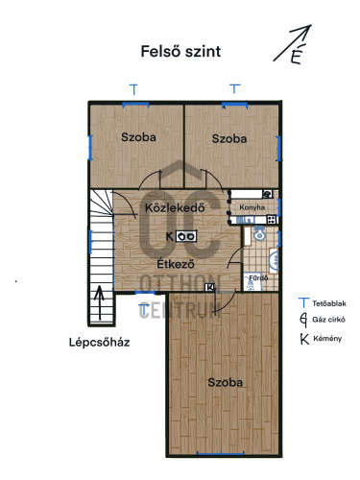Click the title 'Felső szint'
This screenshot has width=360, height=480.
pyautogui.click(x=180, y=52)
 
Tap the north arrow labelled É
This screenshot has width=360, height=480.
pyautogui.click(x=292, y=43)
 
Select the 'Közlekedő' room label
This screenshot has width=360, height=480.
pyautogui.click(x=175, y=208)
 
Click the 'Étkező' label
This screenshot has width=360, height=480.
pyautogui.click(x=176, y=264)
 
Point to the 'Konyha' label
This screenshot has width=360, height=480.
pyautogui.click(x=252, y=207)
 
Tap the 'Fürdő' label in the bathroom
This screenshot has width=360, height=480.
pyautogui.click(x=258, y=277)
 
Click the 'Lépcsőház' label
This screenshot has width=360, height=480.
pyautogui.click(x=100, y=342)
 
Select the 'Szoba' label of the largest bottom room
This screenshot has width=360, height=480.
pyautogui.click(x=226, y=382)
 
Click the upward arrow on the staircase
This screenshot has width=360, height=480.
pyautogui.click(x=100, y=302)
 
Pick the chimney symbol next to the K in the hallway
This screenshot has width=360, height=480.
pyautogui.click(x=186, y=236)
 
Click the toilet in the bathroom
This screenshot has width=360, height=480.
pyautogui.click(x=259, y=233)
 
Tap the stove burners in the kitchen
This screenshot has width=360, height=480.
pyautogui.click(x=272, y=220)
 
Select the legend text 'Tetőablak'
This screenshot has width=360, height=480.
pyautogui.click(x=329, y=303)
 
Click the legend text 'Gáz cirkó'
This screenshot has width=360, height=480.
pyautogui.click(x=328, y=320)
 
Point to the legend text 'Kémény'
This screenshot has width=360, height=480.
pyautogui.click(x=327, y=338)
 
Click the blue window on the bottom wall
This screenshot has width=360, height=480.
pyautogui.click(x=221, y=453)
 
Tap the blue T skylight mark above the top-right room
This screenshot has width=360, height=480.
pyautogui.click(x=235, y=88)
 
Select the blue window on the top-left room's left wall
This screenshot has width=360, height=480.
pyautogui.click(x=90, y=148)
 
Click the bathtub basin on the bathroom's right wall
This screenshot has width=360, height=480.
pyautogui.click(x=274, y=261)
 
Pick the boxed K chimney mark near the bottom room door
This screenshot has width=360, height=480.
pyautogui.click(x=210, y=287)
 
